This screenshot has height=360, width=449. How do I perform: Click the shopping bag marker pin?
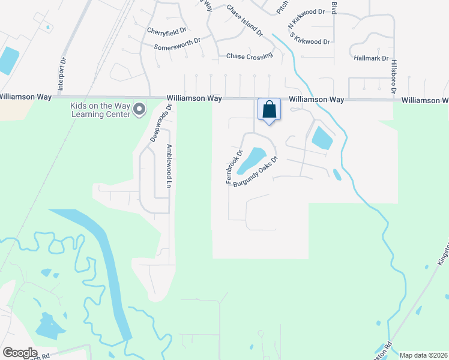[x=270, y=110]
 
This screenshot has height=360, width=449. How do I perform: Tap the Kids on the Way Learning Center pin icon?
[x=139, y=109]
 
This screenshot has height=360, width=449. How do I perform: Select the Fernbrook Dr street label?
[x=234, y=166]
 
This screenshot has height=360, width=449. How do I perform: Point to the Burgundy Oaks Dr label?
[x=256, y=172]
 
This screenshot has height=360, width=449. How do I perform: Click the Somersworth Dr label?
[x=177, y=47]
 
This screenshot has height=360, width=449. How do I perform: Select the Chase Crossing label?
[x=249, y=56]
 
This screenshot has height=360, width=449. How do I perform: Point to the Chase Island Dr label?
[x=245, y=20]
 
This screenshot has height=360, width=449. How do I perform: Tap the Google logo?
[x=20, y=353]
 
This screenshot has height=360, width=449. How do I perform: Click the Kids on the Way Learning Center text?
[x=100, y=110]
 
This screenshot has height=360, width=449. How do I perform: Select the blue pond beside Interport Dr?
[x=8, y=60]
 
